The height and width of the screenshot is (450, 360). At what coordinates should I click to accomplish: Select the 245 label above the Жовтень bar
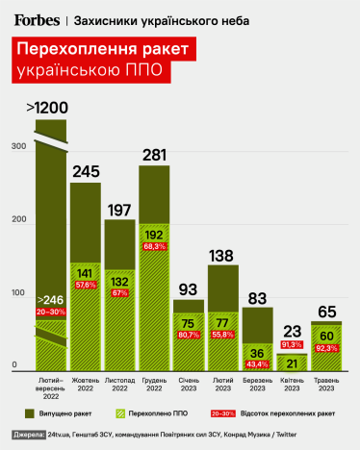pyautogui.click(x=86, y=172)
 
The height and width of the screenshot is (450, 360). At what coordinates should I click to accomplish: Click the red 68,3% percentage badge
pyautogui.click(x=154, y=246)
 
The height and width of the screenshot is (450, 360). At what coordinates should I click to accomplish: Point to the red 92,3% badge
pyautogui.click(x=325, y=348)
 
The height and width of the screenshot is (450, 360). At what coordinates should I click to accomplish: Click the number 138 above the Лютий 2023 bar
pyautogui.click(x=222, y=255)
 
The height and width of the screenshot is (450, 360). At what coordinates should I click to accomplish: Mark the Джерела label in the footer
pyautogui.click(x=30, y=435)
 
